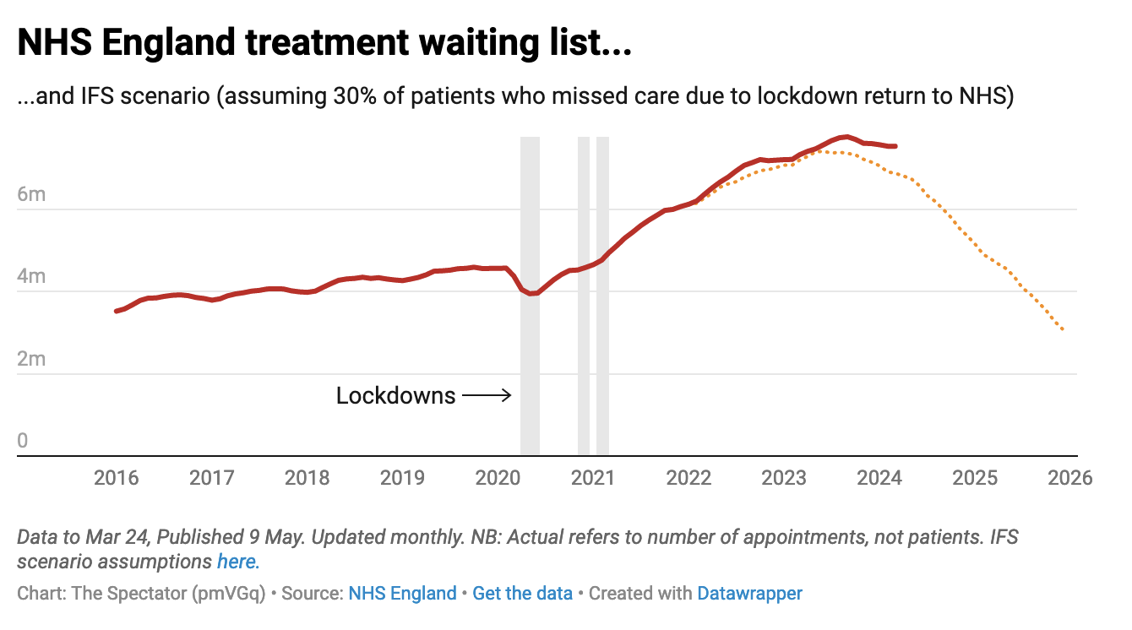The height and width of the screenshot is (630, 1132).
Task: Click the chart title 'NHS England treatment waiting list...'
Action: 324,43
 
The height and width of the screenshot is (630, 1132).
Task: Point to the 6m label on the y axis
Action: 32,194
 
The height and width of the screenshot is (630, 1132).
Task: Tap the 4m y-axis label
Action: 32,276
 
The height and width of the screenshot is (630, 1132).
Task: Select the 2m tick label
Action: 32,359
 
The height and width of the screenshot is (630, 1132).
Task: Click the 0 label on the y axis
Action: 23,441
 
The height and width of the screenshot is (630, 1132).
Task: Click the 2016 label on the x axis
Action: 116,478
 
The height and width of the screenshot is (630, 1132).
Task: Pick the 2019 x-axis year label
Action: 402,478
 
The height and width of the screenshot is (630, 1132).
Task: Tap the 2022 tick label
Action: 688,478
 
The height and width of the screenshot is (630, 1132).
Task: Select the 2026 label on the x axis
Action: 1069,478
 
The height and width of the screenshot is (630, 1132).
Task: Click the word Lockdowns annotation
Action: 395,395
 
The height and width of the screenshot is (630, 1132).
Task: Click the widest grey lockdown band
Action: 530,296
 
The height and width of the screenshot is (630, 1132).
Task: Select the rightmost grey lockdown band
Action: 602,296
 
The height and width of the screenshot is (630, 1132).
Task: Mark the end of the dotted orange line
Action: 1063,329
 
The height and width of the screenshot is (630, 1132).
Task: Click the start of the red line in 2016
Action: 117,312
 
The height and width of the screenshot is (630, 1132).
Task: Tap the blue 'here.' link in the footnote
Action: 238,561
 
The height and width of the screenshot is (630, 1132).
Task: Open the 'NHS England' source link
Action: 402,594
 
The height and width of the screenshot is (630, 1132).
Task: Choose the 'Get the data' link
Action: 522,594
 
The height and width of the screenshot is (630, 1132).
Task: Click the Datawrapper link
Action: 749,594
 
